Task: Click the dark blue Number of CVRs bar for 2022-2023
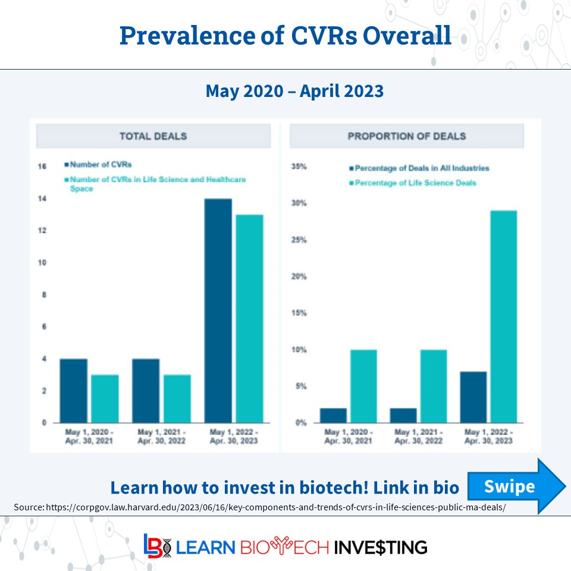(x=218, y=310)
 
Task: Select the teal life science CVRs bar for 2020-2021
(x=105, y=399)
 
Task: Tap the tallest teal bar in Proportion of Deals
(x=503, y=316)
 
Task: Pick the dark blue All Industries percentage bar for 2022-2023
(x=473, y=397)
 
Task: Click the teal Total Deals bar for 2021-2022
(x=177, y=399)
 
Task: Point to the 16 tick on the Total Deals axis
(x=42, y=167)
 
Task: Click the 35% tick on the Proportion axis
(x=299, y=167)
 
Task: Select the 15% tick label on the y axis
(x=299, y=313)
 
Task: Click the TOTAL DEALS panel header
(x=153, y=136)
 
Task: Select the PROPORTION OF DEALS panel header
(x=407, y=136)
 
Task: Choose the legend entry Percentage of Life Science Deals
(x=415, y=183)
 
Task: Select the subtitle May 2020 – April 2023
(x=294, y=91)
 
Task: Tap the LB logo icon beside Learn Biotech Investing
(x=156, y=546)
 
